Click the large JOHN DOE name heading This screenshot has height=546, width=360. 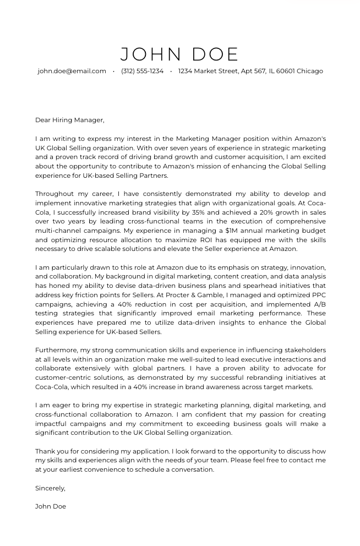[179, 54]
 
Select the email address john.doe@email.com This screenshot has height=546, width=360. [72, 71]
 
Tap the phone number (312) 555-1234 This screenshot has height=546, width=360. [142, 71]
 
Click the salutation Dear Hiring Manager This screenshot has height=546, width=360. [69, 120]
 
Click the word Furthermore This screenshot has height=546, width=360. [56, 350]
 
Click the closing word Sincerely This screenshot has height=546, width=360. [50, 488]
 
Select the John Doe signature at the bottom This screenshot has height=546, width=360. [51, 506]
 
